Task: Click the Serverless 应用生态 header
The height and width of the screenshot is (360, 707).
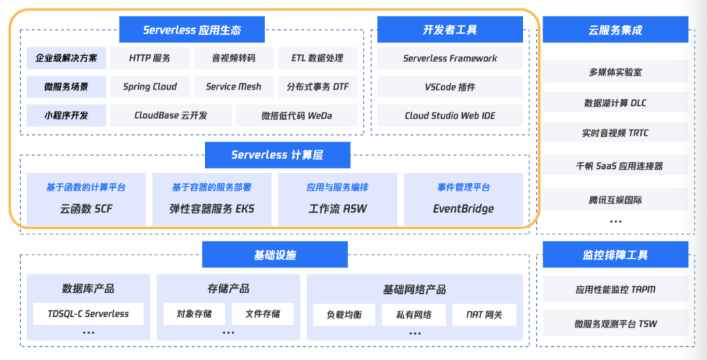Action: point(192,29)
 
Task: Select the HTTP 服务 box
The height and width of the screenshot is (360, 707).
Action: point(150,58)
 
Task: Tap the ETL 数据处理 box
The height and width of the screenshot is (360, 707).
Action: point(317,58)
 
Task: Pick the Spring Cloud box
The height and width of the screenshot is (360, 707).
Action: point(150,86)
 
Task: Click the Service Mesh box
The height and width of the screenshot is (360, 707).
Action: point(234,86)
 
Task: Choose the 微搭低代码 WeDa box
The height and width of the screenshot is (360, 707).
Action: point(297,115)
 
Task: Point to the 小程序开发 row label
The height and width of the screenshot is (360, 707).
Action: point(66,115)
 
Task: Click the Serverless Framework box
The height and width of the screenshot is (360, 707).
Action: point(450,58)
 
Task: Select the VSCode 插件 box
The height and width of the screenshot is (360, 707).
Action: point(450,86)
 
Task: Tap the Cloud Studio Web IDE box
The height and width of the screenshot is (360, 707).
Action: point(450,115)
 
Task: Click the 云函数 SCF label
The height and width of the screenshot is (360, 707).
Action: point(86,209)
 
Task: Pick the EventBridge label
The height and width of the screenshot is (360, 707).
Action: point(463,209)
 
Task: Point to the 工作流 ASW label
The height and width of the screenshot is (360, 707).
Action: point(337,209)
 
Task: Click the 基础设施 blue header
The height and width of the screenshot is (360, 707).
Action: point(275,255)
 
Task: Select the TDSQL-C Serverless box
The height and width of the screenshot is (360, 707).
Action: point(88,314)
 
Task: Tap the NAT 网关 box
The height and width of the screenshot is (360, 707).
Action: point(484,314)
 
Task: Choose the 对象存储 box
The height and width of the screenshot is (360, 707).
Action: point(194,314)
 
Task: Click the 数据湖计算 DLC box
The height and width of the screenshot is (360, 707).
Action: point(615,102)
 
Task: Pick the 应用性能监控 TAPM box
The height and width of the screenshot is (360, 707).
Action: point(615,289)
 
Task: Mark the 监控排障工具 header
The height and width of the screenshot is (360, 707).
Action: point(615,255)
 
